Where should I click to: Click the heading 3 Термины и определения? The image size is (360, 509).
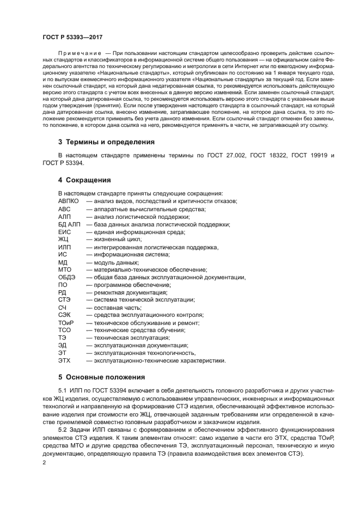coord(106,142)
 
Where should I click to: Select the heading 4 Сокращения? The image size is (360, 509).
coord(84,180)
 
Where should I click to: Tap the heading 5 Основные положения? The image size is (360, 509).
coord(101,377)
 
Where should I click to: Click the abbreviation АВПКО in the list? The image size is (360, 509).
coord(69,201)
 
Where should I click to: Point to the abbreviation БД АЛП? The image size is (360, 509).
coord(69,224)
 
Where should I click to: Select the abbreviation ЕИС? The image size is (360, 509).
coord(64,231)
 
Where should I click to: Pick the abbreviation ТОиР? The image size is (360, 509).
coord(66,323)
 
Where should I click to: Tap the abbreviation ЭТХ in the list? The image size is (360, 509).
coord(65,360)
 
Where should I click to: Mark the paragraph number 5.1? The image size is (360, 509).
coord(63,391)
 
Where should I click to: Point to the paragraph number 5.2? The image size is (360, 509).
coord(63,429)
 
